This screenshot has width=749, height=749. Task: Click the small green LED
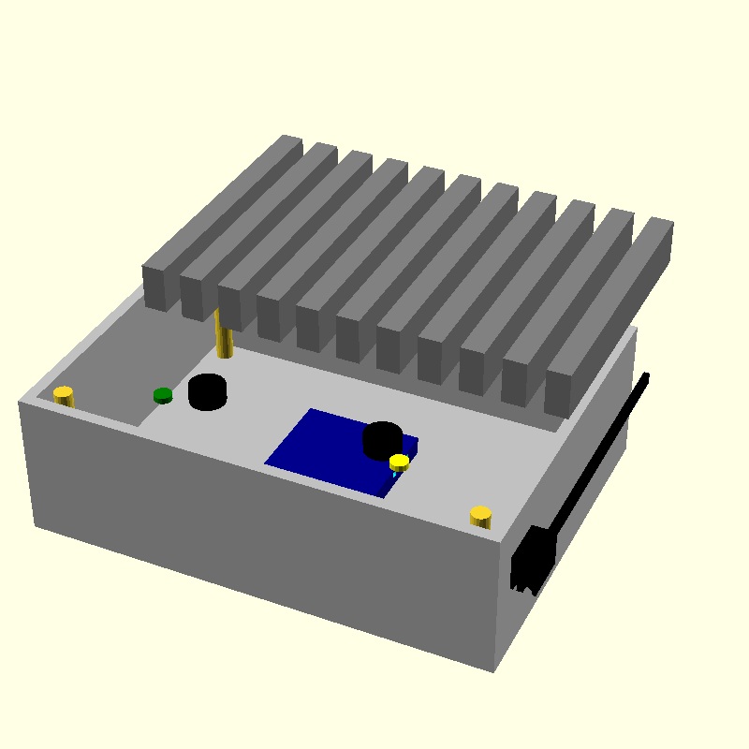click(163, 395)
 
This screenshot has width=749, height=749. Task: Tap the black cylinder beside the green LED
click(207, 390)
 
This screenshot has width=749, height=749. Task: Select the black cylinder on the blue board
click(383, 439)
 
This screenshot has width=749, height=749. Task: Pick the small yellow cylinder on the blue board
click(400, 462)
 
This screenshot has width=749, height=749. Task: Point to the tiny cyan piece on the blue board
click(395, 475)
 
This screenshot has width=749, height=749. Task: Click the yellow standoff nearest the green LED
click(63, 395)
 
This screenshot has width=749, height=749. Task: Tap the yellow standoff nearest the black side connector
click(480, 516)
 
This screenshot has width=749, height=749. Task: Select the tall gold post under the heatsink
click(223, 337)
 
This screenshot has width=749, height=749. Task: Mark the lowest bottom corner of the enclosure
click(493, 670)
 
